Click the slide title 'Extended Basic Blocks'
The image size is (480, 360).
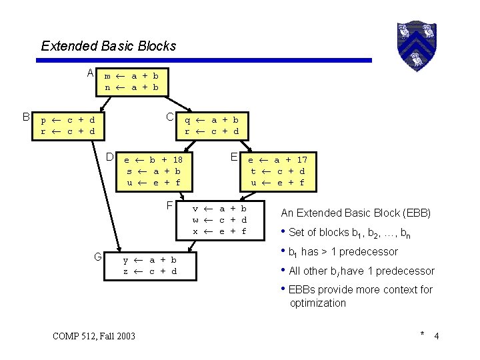pyautogui.click(x=108, y=46)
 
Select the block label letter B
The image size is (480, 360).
pyautogui.click(x=26, y=117)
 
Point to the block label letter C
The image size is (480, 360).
pyautogui.click(x=170, y=117)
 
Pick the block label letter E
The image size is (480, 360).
pyautogui.click(x=234, y=157)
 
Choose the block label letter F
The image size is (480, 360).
pyautogui.click(x=170, y=205)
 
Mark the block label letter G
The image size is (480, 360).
pyautogui.click(x=97, y=257)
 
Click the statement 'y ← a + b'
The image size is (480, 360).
pyautogui.click(x=150, y=260)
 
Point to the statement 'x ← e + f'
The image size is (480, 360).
pyautogui.click(x=220, y=231)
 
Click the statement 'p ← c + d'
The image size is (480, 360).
pyautogui.click(x=67, y=120)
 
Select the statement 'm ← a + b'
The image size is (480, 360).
pyautogui.click(x=131, y=76)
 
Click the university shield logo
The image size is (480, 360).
pyautogui.click(x=415, y=45)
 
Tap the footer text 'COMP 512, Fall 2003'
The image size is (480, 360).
pyautogui.click(x=93, y=335)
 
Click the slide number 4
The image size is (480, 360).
pyautogui.click(x=436, y=335)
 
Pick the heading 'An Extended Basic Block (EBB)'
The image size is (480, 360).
pyautogui.click(x=355, y=213)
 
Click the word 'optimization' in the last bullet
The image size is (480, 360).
pyautogui.click(x=317, y=303)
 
